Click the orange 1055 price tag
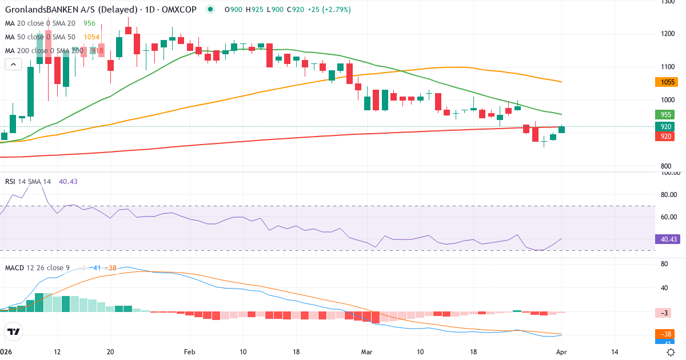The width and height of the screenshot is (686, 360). (666, 82)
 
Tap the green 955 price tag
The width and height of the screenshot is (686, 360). (666, 114)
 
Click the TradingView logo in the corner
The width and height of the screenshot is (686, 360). (13, 331)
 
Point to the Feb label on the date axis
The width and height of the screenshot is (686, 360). (190, 351)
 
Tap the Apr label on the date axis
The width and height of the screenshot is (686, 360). (561, 351)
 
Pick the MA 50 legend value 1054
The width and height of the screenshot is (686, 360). (91, 37)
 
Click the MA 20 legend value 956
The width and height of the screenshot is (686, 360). (89, 23)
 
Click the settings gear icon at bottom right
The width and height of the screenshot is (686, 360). (671, 351)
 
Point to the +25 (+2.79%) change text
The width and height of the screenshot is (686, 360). (329, 10)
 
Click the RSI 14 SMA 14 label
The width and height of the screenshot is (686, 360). (27, 182)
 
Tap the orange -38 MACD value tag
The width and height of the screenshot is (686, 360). (666, 334)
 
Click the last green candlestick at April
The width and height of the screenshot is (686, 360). (562, 129)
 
